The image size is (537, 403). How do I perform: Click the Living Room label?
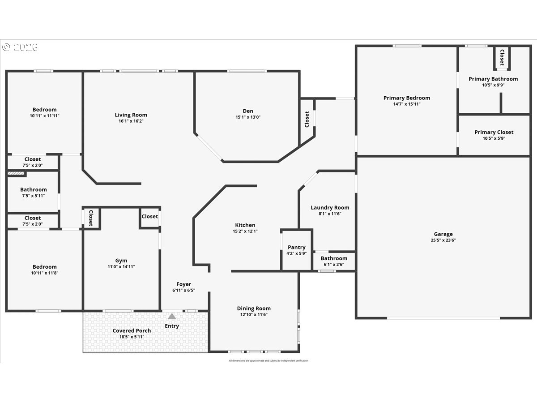coord(131,115)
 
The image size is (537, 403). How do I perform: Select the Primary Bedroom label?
coord(406,98)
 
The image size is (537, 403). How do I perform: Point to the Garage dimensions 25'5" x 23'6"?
coord(443,240)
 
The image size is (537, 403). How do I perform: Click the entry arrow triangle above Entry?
coord(172,316)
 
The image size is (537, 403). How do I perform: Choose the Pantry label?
coord(296,247)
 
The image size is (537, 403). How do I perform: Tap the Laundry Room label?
coord(330,208)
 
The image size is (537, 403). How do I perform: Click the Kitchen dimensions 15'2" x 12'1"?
coord(245,232)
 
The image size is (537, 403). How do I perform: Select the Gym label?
coord(121,261)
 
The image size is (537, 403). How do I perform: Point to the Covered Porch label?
coord(132,330)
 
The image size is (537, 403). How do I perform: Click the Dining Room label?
coord(254,309)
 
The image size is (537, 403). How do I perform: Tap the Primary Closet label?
coord(494,132)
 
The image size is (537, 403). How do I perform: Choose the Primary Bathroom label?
coord(493,79)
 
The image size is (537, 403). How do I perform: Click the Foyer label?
coord(183,284)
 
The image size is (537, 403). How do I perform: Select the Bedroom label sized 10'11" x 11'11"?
coord(44,110)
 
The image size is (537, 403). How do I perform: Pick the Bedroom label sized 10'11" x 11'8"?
coord(44,267)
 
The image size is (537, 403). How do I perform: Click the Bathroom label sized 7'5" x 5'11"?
coord(33,189)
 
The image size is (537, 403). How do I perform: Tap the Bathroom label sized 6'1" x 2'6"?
coord(334,258)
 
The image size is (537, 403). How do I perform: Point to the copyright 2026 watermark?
coord(20,47)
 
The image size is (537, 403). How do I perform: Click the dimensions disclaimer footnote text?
coord(268,360)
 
